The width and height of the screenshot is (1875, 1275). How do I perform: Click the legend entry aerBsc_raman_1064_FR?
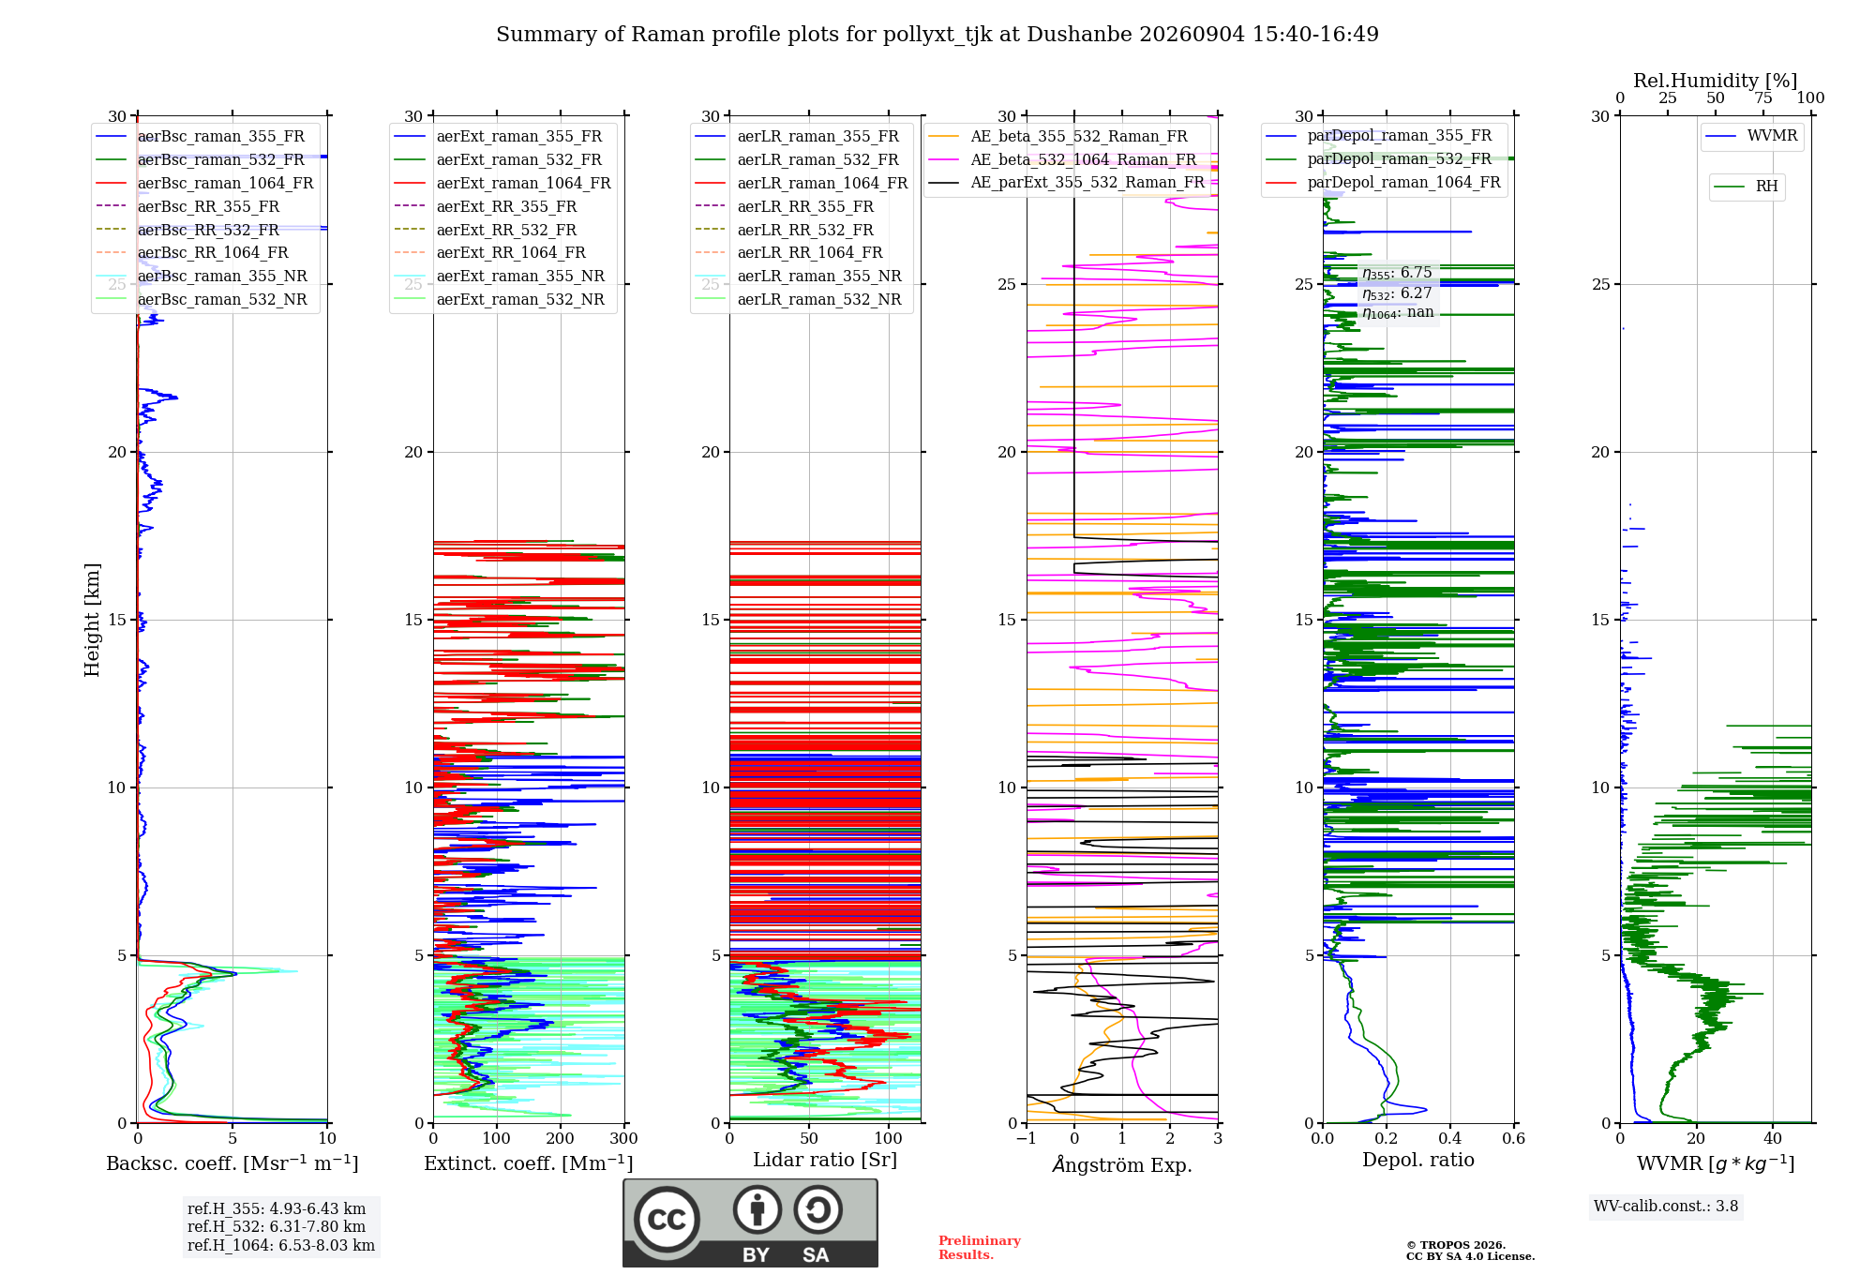(x=204, y=183)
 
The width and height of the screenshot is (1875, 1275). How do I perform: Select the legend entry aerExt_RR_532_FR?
(x=486, y=230)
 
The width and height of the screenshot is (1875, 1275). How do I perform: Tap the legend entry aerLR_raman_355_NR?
(x=799, y=276)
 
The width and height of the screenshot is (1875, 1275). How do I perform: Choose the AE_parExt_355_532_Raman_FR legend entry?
(x=1066, y=182)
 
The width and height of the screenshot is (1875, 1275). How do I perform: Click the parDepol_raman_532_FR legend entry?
(x=1379, y=158)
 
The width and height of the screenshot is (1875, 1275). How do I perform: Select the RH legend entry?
(x=1746, y=187)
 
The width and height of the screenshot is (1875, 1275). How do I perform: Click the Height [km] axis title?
(x=92, y=620)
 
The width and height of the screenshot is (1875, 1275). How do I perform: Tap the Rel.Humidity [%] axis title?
(x=1716, y=81)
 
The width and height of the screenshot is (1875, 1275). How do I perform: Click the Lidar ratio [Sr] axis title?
(x=825, y=1160)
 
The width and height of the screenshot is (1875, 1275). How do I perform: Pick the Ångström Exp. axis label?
(x=1122, y=1164)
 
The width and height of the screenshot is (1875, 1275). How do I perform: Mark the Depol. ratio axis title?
(x=1418, y=1160)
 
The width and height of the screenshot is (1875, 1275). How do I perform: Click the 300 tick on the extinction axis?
(x=624, y=1139)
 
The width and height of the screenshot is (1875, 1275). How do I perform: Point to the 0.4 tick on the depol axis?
(x=1450, y=1139)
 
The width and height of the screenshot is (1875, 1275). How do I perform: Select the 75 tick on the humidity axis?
(x=1763, y=97)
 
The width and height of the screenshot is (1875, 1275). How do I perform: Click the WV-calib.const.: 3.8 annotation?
(x=1666, y=1207)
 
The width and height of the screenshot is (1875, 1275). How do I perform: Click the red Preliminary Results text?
(x=980, y=1248)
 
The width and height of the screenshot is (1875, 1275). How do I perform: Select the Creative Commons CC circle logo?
(x=667, y=1220)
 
